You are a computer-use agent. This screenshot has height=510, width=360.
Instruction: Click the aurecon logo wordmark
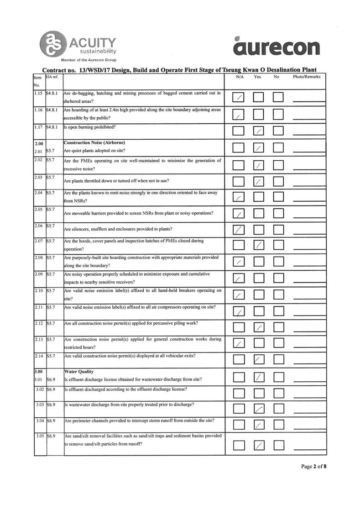click(276, 47)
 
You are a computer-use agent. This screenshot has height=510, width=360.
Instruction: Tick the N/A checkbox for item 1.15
click(239, 98)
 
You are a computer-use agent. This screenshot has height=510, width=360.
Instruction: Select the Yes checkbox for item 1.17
click(259, 131)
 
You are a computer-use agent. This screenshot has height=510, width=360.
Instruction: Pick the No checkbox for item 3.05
click(278, 444)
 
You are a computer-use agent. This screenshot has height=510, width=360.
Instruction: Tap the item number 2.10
click(39, 290)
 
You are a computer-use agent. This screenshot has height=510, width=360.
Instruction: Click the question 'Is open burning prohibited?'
click(90, 127)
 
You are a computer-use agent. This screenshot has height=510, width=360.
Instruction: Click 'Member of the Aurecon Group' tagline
click(89, 60)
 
